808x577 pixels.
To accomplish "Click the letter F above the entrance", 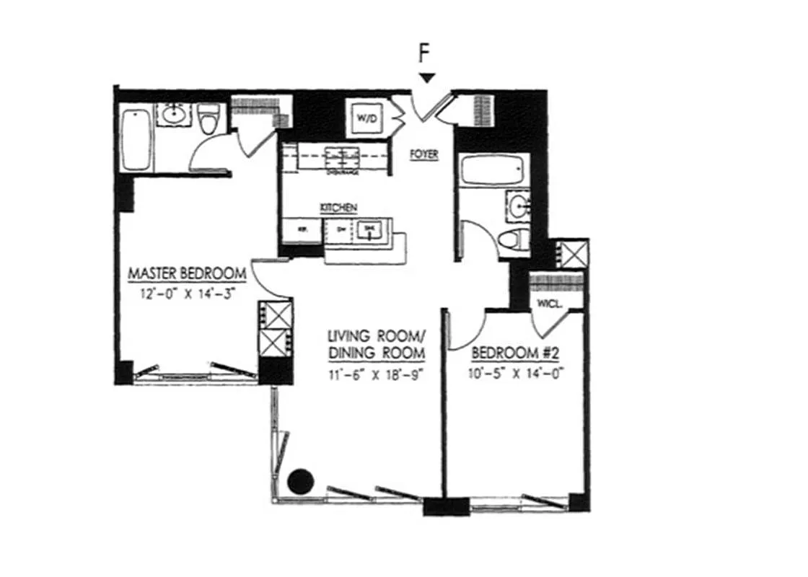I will pos(427,54).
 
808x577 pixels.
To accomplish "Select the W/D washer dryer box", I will pos(365,118).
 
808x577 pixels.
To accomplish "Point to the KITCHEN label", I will pos(339,208).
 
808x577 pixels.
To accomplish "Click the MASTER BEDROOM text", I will pos(187,274).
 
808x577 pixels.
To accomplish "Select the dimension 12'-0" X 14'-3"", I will pos(187,294).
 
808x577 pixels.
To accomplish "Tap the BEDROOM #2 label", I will pos(516,354).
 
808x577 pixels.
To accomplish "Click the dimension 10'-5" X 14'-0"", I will pos(516,373).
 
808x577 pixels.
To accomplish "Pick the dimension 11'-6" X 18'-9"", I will pos(375,373).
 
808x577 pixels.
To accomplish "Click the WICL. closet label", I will pos(550,305).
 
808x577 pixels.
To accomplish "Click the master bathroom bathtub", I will pos(135,141).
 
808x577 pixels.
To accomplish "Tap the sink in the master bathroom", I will pos(174,114).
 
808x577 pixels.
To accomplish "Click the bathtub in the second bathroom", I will pos(491,172).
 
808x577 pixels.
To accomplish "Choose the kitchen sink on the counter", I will pos(370,230).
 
